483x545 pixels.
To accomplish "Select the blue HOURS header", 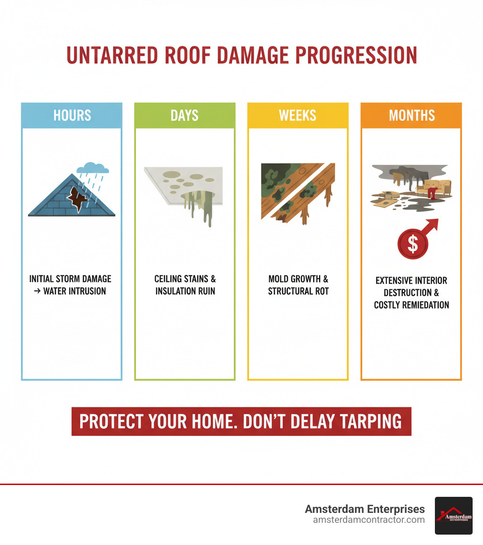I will (x=72, y=116).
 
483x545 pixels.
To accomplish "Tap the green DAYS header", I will (x=184, y=116).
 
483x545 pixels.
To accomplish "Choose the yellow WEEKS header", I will (x=298, y=116).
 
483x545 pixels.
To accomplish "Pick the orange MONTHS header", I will (x=411, y=116).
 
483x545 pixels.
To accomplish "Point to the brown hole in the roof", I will (x=75, y=198).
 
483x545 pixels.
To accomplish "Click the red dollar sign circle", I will (x=412, y=244).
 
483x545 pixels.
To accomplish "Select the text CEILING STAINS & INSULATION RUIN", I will (x=185, y=285).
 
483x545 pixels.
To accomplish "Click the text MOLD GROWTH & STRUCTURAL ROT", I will (x=298, y=285).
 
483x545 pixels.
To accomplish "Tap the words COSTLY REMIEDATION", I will (x=411, y=305).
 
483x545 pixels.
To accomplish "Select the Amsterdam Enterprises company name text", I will (x=365, y=509).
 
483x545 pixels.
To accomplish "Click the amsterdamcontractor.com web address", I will (x=369, y=520).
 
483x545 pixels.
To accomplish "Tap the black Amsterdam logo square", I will (x=453, y=515).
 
